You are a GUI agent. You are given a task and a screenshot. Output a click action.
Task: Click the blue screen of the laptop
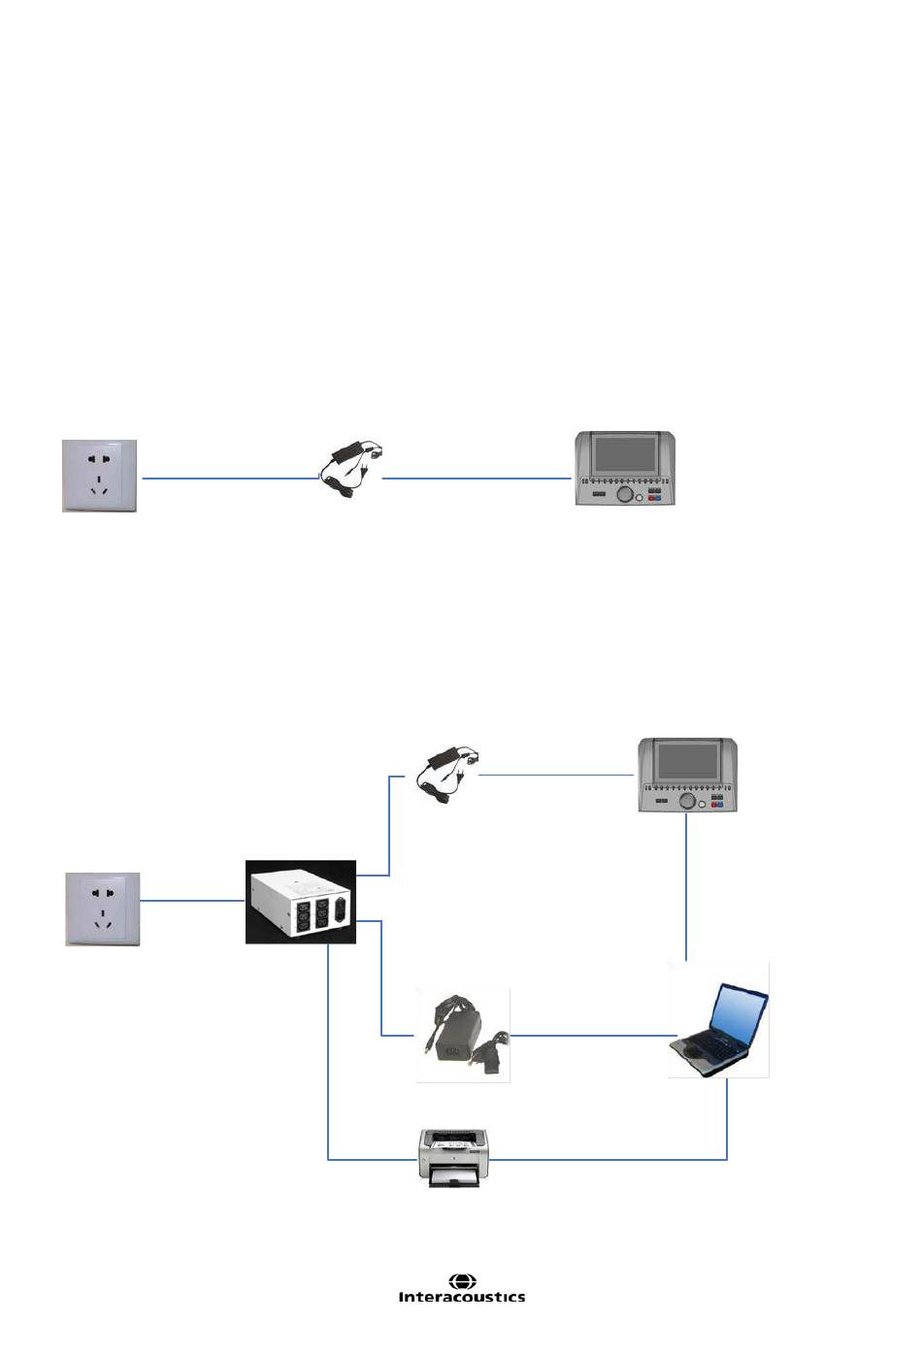(739, 1011)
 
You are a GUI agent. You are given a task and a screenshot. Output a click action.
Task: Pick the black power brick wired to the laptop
(463, 1035)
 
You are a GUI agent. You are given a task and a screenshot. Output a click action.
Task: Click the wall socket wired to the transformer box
(103, 909)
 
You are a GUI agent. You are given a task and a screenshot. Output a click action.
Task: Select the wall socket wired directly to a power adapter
(99, 476)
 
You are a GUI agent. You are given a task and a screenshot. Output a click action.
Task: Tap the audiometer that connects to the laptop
(688, 775)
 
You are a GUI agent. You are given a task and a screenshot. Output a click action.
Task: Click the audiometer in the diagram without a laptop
(625, 468)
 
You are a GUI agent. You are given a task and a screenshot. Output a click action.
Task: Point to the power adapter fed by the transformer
(447, 775)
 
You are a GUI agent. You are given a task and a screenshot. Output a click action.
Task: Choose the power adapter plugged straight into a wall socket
(350, 469)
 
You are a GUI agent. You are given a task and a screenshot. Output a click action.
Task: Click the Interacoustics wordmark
(462, 1297)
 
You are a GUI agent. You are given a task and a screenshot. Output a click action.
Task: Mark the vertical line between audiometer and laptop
(686, 886)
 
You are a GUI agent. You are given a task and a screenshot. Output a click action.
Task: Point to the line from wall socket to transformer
(192, 901)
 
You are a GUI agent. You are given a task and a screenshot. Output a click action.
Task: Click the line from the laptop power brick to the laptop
(593, 1035)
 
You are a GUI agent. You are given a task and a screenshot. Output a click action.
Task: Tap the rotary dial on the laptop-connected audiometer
(687, 801)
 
